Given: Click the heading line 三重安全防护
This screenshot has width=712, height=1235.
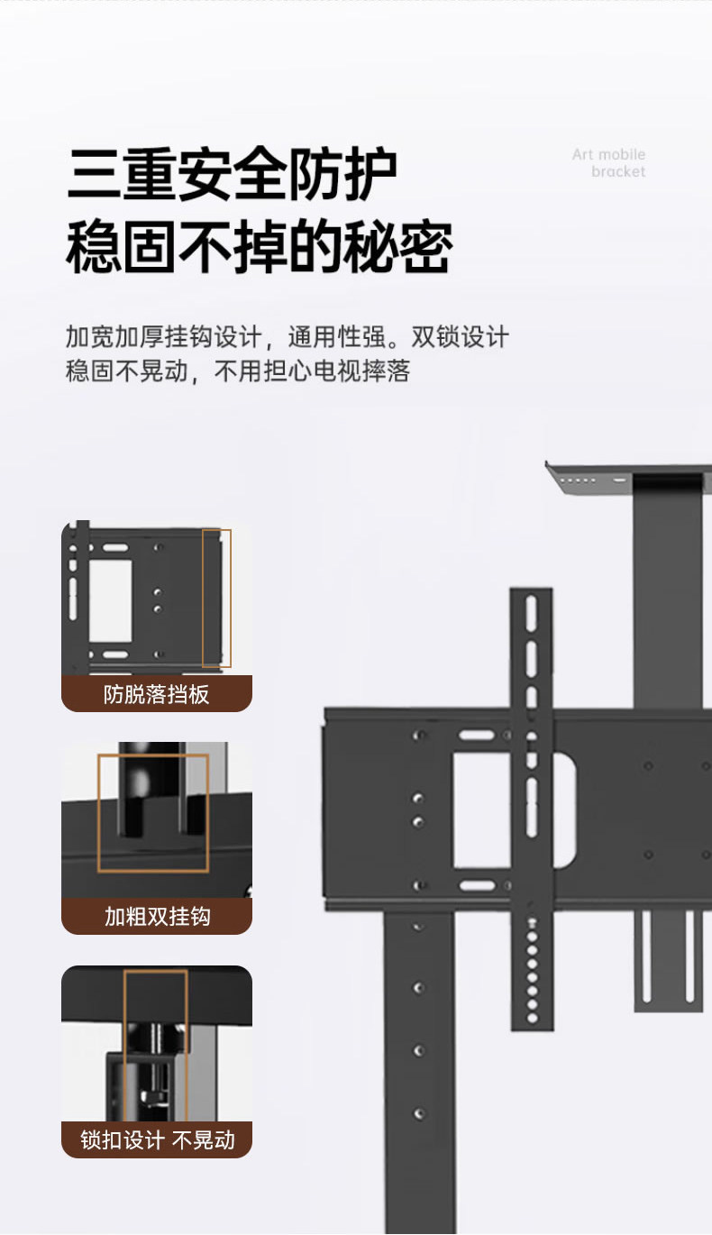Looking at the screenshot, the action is tap(232, 174).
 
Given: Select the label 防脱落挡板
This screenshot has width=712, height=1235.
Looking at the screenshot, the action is tap(156, 694).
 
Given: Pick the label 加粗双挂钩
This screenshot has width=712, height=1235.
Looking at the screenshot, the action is tap(157, 917).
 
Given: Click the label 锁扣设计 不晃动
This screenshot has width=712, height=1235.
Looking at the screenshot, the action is tap(157, 1139).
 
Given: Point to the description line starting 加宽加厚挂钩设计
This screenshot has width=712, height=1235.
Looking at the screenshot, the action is tap(287, 337).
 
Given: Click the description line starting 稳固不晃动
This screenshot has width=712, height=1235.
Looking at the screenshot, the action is tap(237, 370).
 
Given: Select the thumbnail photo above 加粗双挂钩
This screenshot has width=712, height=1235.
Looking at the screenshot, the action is tap(156, 819).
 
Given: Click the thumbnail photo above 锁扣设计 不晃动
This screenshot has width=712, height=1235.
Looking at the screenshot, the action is tap(156, 1043).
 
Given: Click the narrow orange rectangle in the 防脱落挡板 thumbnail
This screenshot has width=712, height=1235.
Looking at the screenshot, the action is tap(216, 598).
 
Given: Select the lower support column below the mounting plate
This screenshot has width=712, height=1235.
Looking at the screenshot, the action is tap(420, 1064).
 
